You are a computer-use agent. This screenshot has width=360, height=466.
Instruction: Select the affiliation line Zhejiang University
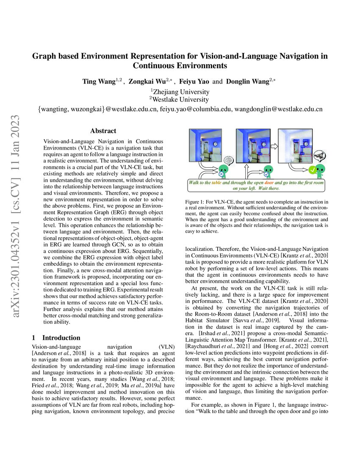pos(180,91)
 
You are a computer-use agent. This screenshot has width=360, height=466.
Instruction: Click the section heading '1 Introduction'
pos(56,338)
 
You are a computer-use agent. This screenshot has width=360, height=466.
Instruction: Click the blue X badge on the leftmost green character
pos(221,174)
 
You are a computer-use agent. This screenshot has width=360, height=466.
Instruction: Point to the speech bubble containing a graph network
pos(320,155)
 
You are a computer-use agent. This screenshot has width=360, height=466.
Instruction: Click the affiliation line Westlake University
pos(180,100)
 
